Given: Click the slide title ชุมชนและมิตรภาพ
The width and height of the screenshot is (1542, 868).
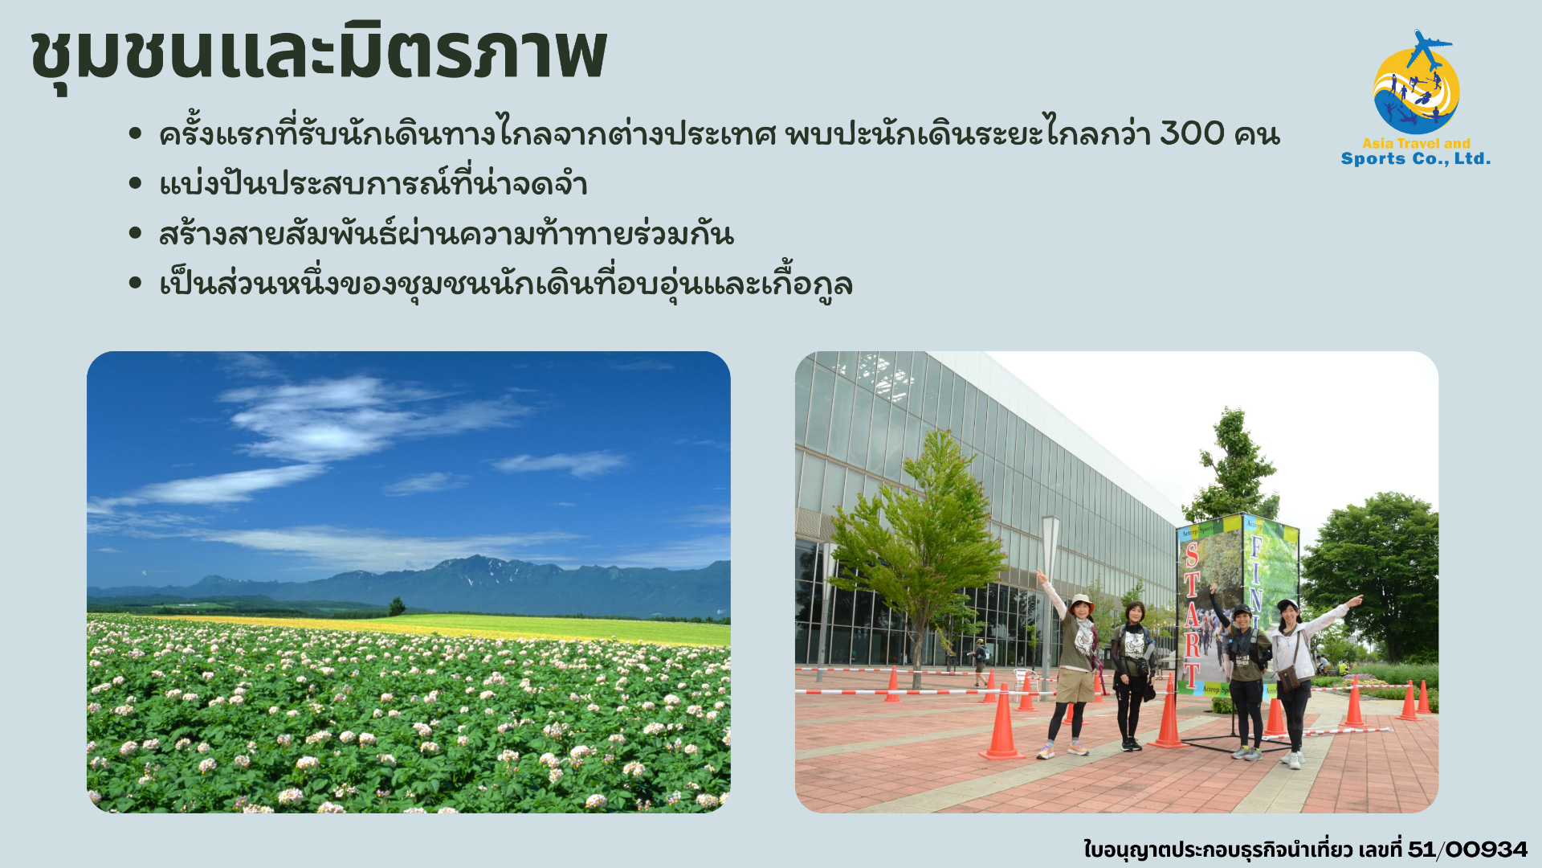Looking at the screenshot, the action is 318,55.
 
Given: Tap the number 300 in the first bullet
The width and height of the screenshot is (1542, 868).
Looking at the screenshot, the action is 1192,133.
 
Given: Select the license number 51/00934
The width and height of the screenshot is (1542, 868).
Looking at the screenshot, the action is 1467,850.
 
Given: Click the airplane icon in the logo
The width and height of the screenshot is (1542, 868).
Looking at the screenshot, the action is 1427,48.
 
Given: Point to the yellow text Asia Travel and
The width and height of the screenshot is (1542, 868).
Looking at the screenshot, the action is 1416,143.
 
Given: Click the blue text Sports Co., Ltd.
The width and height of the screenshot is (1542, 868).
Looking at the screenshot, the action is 1415,158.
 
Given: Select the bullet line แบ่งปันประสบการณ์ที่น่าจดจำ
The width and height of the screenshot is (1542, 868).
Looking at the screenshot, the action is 373,184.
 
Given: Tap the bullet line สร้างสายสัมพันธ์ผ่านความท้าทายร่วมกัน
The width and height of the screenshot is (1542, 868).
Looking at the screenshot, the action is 447,234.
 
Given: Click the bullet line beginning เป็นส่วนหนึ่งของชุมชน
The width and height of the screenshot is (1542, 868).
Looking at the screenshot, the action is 506,284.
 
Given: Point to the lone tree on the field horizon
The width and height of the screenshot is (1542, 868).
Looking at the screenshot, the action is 396,606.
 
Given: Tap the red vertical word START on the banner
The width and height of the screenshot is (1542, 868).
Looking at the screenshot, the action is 1193,615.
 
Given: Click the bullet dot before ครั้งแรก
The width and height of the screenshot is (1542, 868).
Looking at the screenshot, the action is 135,133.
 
